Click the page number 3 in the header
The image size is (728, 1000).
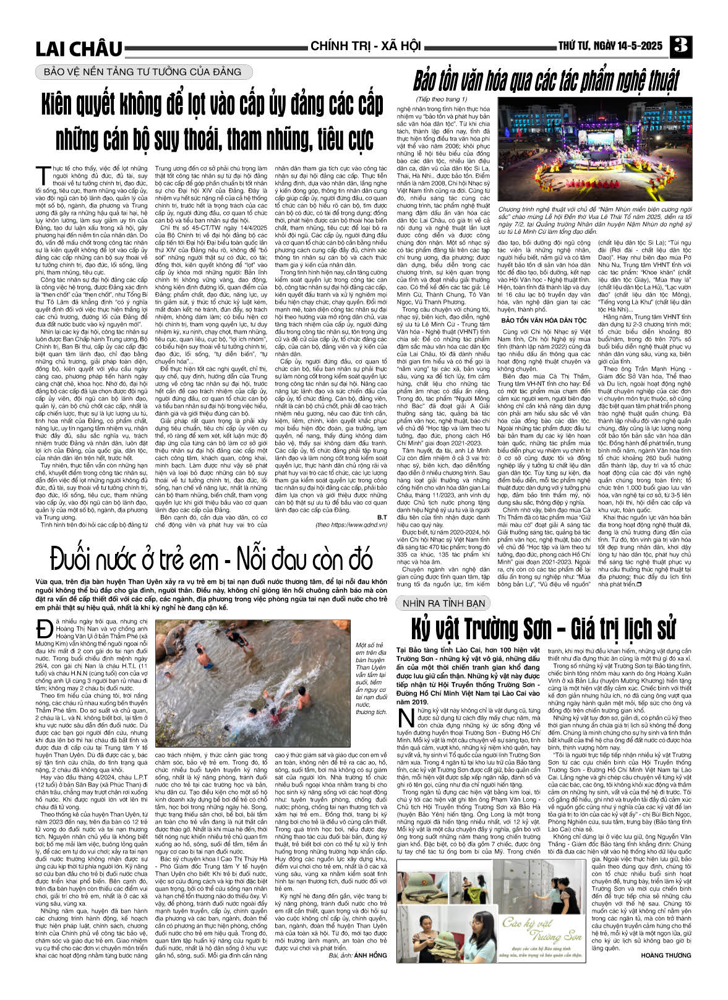tap(683, 46)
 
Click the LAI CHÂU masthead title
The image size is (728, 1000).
tap(79, 48)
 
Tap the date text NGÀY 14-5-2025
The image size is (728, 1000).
tap(627, 46)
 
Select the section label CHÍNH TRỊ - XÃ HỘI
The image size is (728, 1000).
tap(366, 46)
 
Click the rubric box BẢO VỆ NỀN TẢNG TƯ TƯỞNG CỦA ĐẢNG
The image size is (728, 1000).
tap(143, 72)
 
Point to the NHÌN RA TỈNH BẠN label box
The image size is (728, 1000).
tap(442, 603)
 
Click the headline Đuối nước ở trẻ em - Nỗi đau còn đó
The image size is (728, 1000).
tap(212, 559)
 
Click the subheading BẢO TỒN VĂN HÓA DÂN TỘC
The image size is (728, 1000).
tap(544, 321)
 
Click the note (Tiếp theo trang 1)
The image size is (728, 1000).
tap(442, 99)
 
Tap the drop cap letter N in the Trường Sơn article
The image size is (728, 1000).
tap(405, 719)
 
